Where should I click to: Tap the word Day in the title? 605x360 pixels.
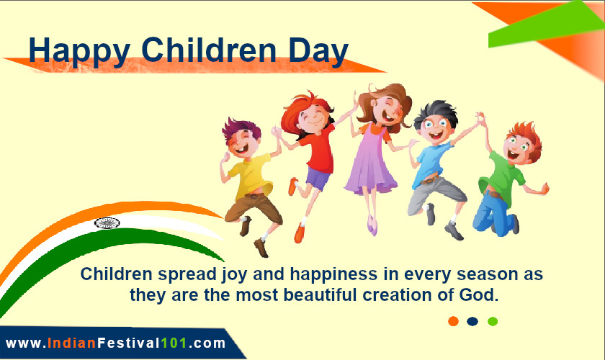click(318, 51)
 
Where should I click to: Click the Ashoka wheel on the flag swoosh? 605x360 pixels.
click(107, 223)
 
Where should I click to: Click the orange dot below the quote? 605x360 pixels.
click(453, 321)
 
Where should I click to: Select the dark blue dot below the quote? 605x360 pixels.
click(472, 321)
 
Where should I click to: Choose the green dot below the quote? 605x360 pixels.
click(493, 321)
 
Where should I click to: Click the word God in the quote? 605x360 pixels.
click(483, 294)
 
